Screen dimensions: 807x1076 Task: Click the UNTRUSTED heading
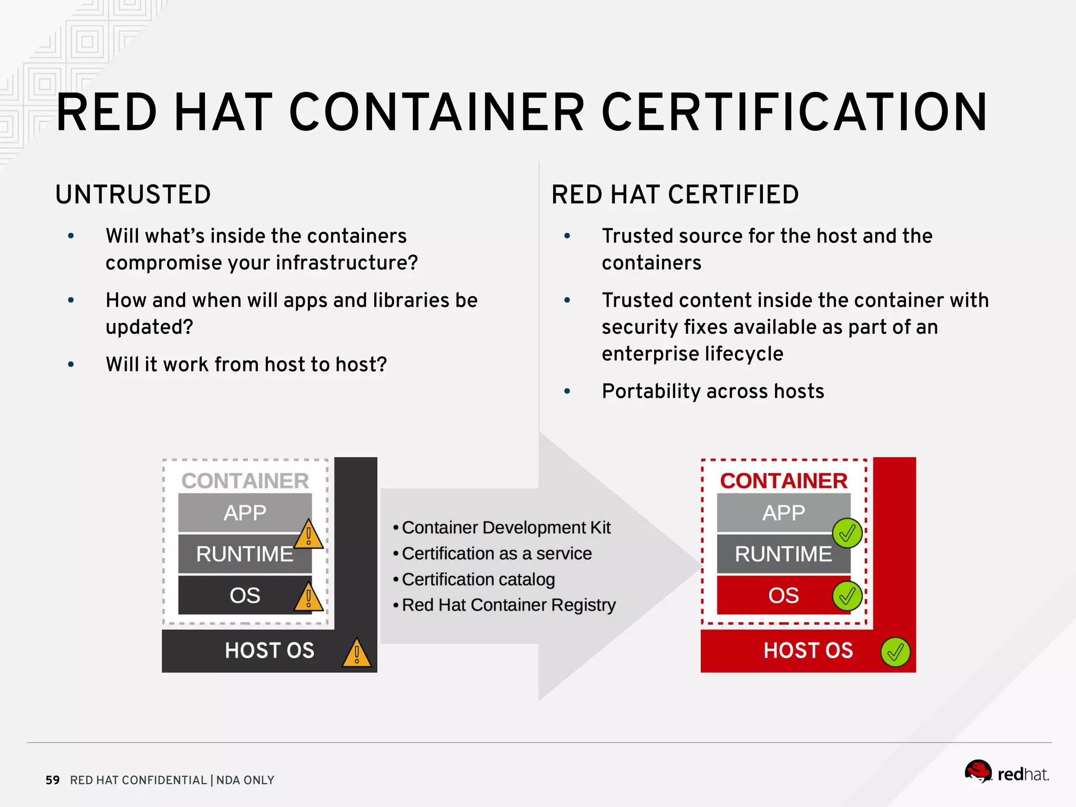coord(133,194)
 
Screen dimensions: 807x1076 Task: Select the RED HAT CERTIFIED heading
coord(675,194)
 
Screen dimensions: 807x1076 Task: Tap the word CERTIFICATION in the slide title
coord(794,112)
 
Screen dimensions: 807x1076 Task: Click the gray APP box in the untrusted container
coord(244,512)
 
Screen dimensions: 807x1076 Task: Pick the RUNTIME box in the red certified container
coord(783,554)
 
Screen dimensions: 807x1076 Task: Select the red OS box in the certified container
coord(783,595)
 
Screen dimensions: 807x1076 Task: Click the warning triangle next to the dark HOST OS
coord(357,654)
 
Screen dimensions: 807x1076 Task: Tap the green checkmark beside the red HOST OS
coord(895,652)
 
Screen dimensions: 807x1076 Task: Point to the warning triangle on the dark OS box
coord(308,597)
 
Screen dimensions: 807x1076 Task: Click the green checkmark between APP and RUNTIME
coord(847,533)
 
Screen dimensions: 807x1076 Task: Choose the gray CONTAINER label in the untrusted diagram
coord(245,481)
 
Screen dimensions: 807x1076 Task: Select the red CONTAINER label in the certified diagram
coord(783,481)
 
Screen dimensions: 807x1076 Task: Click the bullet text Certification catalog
coord(478,579)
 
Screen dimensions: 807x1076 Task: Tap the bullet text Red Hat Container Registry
coord(509,605)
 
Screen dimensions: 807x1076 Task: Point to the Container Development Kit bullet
coord(506,527)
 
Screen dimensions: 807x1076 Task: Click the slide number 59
coord(53,780)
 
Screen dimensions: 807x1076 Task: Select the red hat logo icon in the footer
coord(978,772)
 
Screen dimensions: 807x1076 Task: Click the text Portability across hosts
coord(713,391)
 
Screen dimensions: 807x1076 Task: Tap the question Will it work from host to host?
coord(246,365)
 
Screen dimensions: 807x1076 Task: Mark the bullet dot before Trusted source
coord(567,236)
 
